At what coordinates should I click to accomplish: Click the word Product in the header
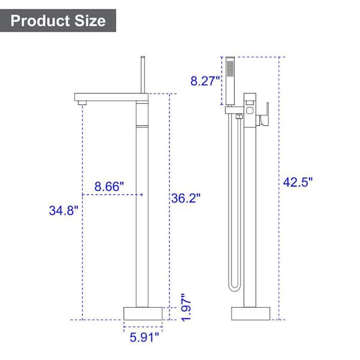coord(40,21)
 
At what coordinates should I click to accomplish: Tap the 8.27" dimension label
coord(205,81)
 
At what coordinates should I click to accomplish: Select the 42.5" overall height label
coord(298,182)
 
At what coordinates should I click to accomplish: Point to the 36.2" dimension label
coord(186,198)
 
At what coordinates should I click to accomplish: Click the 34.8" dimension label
coord(64,211)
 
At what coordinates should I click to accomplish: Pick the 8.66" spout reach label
coord(109,186)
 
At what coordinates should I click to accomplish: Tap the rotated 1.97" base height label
coord(186,307)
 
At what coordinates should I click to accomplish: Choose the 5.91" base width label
coord(144,337)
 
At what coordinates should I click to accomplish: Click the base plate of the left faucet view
coord(143,313)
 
